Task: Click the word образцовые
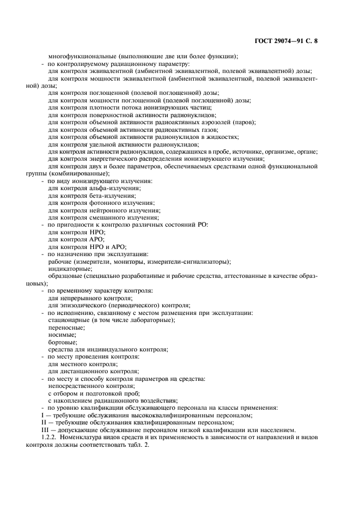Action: pyautogui.click(x=66, y=276)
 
